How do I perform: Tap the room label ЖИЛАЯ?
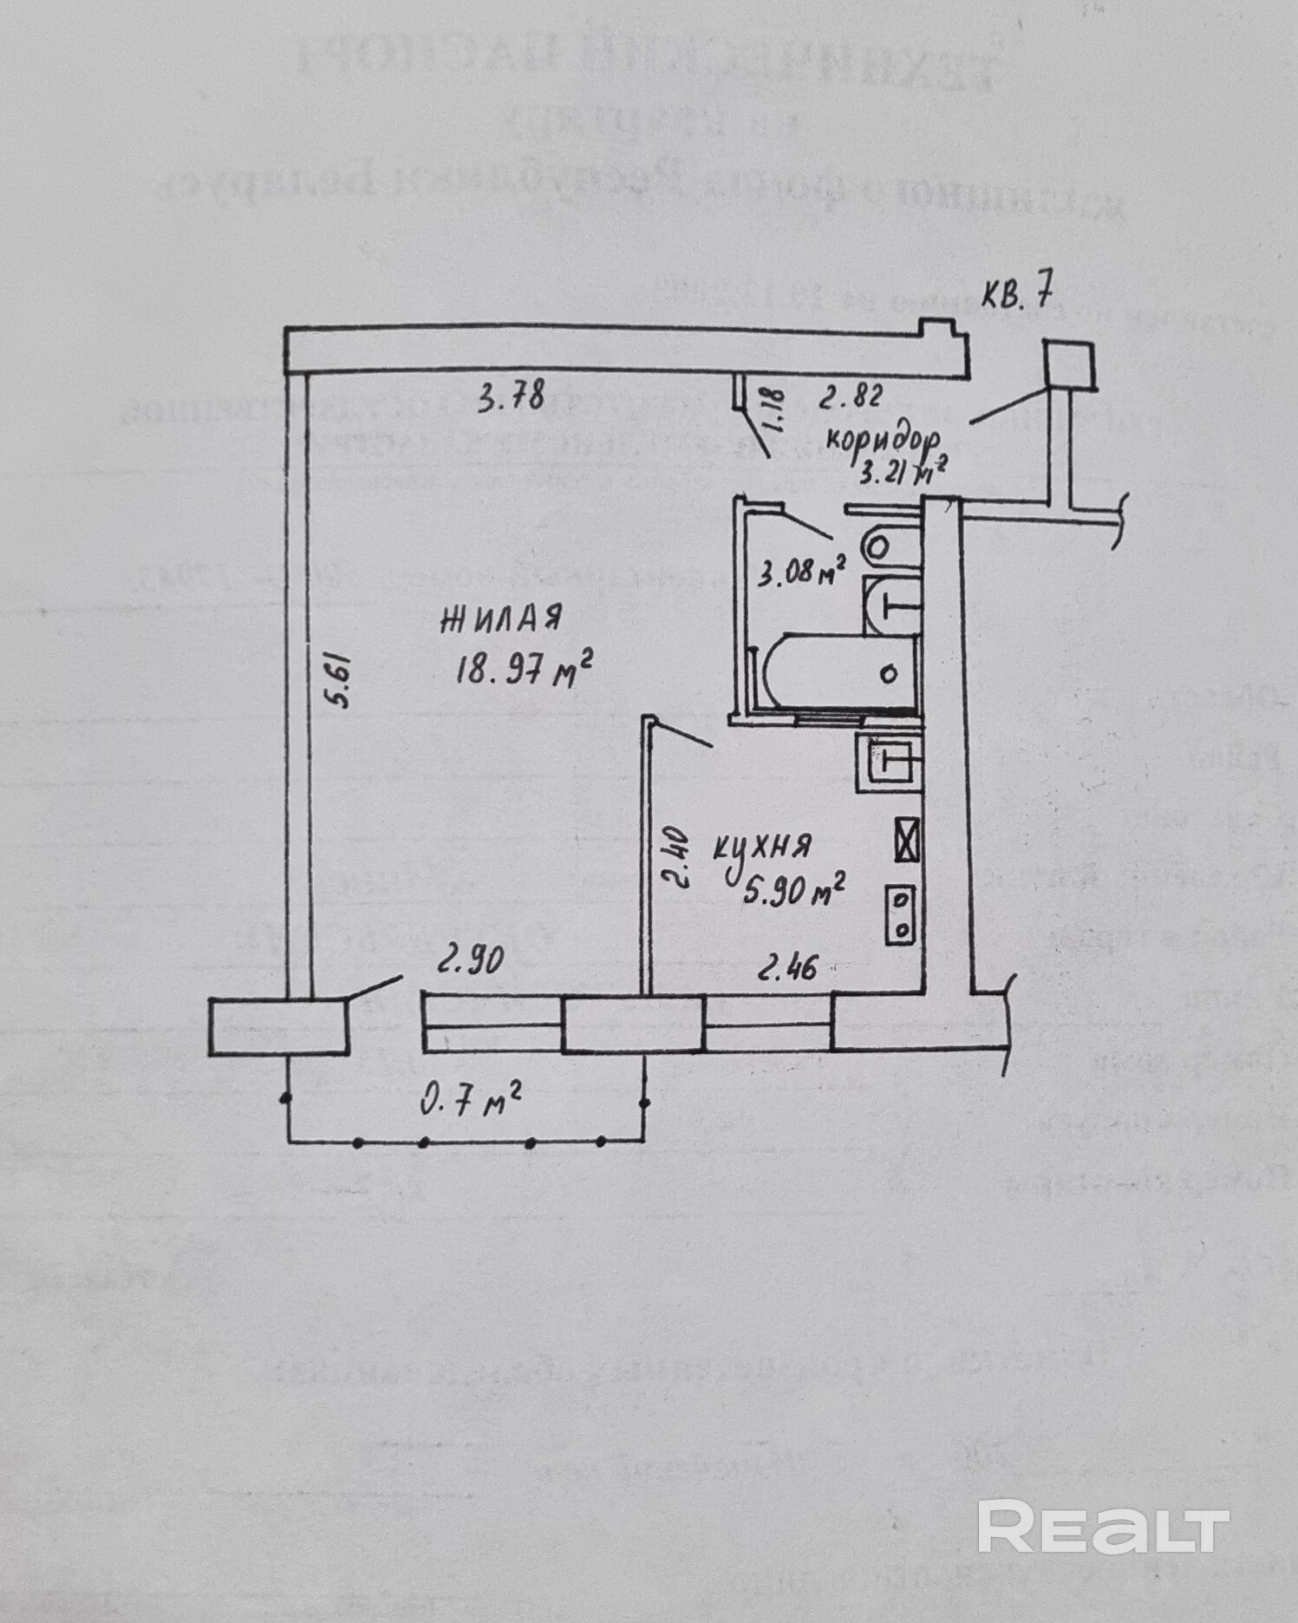pos(502,618)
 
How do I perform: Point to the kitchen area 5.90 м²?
pos(793,888)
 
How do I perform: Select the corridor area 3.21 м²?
pos(903,472)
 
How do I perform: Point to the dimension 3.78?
pos(511,397)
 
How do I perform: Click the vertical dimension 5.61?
pos(339,681)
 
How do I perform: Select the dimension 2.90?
pos(469,959)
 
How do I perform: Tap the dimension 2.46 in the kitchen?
pos(787,965)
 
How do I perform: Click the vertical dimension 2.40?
pos(677,859)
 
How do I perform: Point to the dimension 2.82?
pos(851,396)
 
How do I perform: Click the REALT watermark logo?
pos(1103,1527)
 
